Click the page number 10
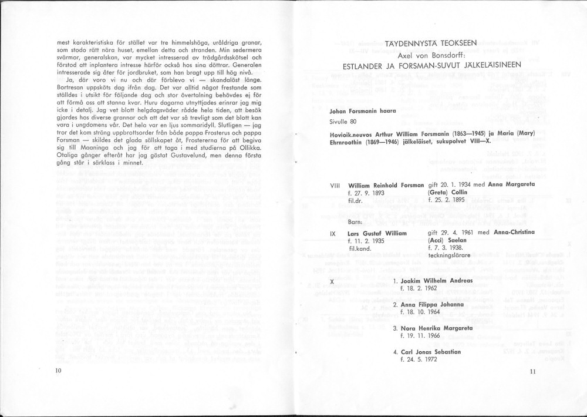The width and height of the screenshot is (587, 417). pos(58,371)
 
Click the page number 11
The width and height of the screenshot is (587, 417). pos(532,371)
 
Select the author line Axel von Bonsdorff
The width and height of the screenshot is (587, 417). pos(431,54)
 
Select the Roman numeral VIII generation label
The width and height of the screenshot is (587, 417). pos(336,185)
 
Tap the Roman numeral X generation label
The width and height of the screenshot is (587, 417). pos(332,281)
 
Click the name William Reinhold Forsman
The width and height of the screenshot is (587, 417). pos(387,185)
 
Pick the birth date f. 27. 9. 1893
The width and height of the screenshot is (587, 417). pos(368,193)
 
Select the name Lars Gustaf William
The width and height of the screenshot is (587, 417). pos(377,233)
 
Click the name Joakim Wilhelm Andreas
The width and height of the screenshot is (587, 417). pos(436,281)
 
